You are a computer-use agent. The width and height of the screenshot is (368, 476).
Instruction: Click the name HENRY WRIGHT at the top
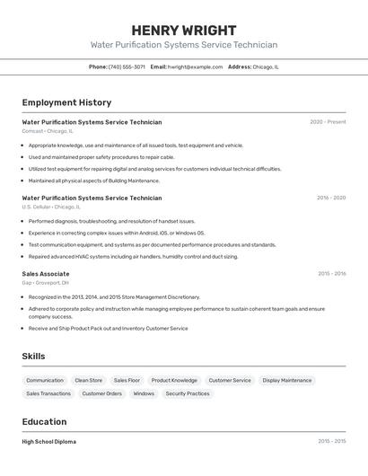click(183, 30)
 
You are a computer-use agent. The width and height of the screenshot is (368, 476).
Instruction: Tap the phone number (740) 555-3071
click(127, 66)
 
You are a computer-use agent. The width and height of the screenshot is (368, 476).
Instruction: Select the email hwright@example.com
click(195, 66)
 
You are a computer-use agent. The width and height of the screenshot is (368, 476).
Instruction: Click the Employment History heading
click(66, 102)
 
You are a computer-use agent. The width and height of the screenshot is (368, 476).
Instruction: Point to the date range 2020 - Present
click(328, 122)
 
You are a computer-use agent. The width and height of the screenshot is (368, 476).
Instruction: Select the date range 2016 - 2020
click(330, 198)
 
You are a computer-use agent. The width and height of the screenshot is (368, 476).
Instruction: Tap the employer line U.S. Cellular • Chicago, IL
click(51, 207)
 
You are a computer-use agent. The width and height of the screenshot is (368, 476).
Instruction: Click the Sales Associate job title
click(46, 274)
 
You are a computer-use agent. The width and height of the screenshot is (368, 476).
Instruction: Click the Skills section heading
click(34, 357)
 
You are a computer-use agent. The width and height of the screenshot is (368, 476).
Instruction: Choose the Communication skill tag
click(45, 380)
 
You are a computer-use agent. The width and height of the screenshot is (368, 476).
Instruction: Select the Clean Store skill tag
click(88, 380)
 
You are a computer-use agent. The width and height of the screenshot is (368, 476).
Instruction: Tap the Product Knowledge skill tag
click(174, 380)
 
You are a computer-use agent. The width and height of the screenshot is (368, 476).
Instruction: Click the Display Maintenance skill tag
click(287, 380)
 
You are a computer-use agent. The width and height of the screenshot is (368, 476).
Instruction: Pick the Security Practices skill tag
click(188, 393)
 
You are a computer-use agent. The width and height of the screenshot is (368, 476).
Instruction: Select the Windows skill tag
click(144, 393)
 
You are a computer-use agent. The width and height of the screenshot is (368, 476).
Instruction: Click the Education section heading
click(44, 422)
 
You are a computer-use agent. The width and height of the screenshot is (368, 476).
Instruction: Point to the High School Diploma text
click(49, 442)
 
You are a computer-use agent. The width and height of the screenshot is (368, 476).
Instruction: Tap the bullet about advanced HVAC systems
click(133, 256)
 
